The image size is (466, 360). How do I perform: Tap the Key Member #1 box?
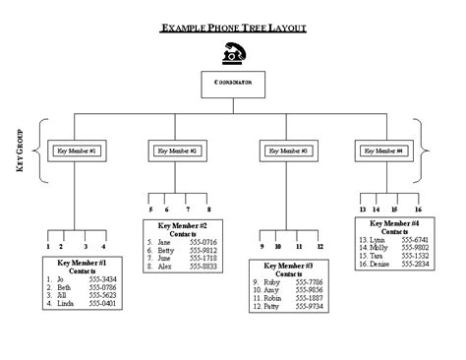point(76,150)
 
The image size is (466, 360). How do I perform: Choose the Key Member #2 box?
point(178,150)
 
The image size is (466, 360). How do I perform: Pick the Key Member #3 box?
point(288,150)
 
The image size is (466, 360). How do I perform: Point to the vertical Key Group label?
point(19,151)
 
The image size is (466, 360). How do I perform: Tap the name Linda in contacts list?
point(67,303)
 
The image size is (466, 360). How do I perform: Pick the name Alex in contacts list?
point(164,266)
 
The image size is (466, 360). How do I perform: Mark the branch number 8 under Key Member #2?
point(208,209)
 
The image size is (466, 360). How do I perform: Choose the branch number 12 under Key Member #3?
point(320,246)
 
